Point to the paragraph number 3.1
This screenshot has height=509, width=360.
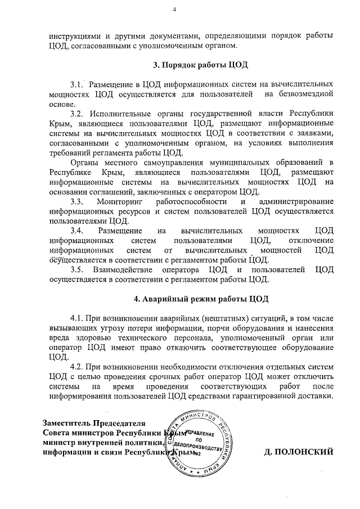pyautogui.click(x=77, y=83)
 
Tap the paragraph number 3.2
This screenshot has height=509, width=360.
pyautogui.click(x=77, y=114)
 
